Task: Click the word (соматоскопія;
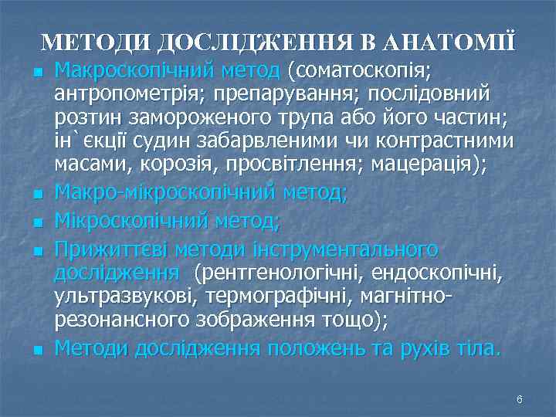coord(359,71)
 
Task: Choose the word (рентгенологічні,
coord(280,273)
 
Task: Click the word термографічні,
coord(253,297)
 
